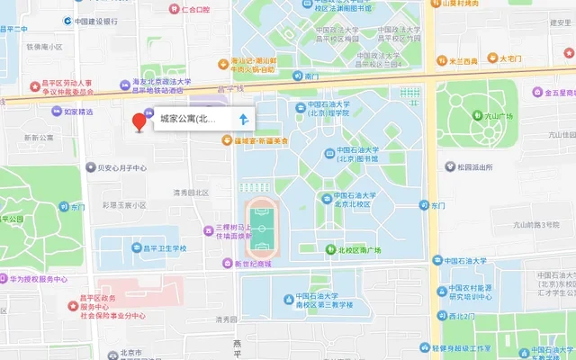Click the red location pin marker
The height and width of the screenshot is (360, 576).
(x=139, y=121)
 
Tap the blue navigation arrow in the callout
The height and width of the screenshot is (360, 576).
(x=244, y=119)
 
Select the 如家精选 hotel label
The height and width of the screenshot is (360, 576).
(x=77, y=112)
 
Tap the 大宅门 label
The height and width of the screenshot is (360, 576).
(x=510, y=58)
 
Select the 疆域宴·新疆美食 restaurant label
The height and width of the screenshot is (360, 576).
(x=261, y=140)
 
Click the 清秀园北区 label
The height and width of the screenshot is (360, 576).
(x=191, y=192)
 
